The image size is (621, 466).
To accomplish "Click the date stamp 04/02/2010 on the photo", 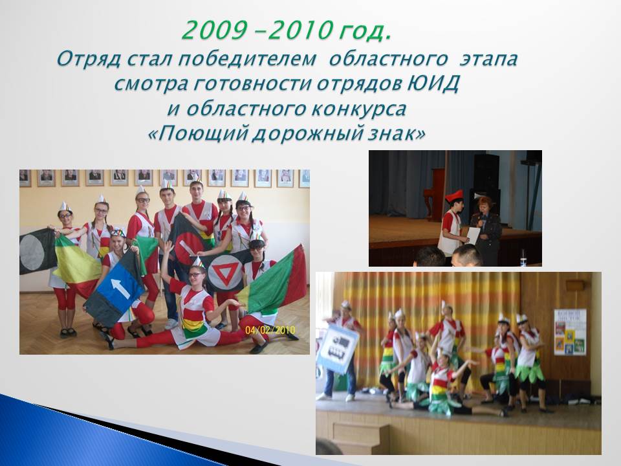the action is coord(270,330).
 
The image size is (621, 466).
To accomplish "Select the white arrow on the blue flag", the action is coord(120,288).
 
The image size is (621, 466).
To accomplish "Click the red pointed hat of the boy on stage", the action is coord(454,195).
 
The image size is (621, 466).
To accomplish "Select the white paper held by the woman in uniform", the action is coord(474,236).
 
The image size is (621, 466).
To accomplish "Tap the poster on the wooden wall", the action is coord(570,332).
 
